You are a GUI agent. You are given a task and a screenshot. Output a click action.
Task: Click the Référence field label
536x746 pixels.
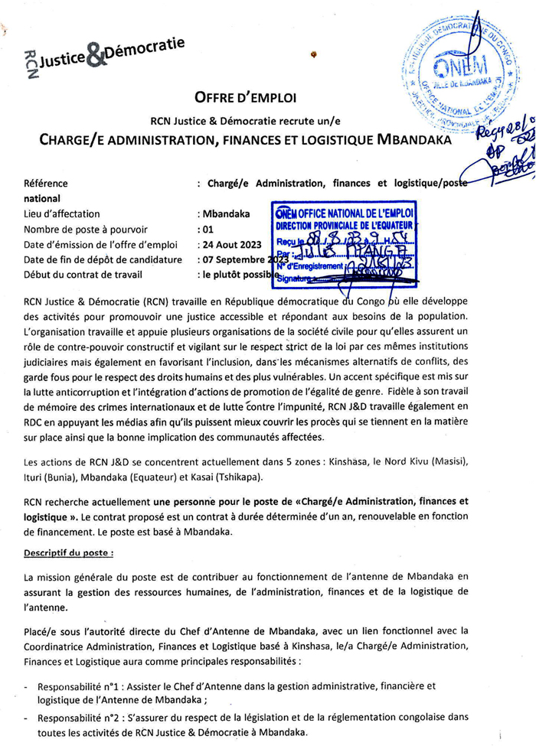(x=45, y=184)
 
